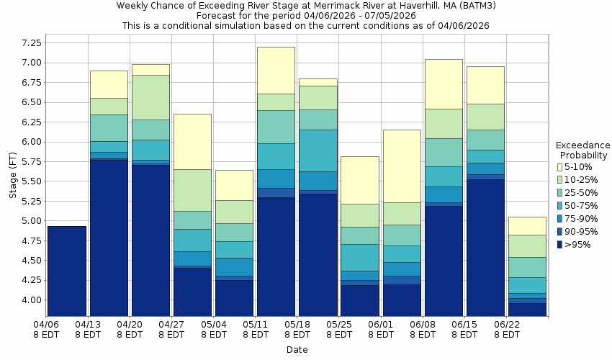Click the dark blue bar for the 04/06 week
pos(67,271)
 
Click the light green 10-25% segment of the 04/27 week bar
pos(192,190)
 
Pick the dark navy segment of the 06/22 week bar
pos(527,309)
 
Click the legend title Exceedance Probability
pos(583,150)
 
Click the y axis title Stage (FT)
pos(11,174)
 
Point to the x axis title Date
pos(297,350)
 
